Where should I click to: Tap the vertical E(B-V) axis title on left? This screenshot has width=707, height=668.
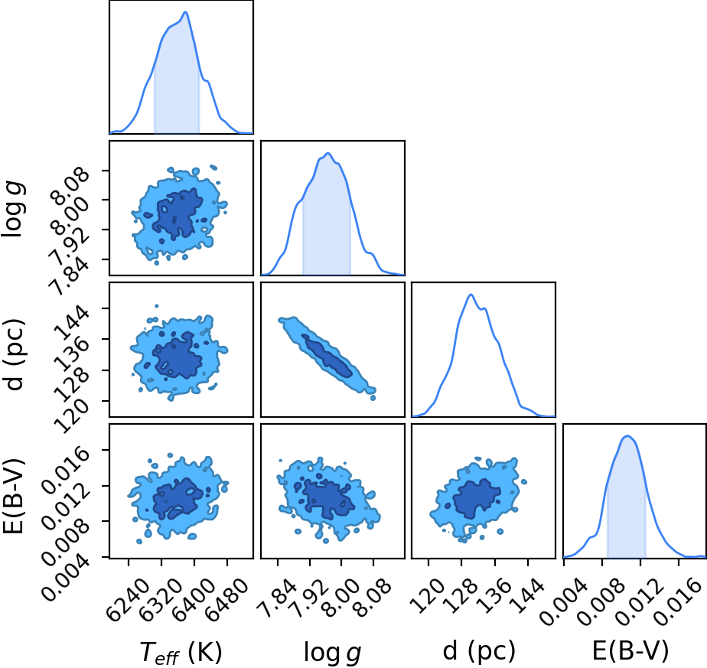click(x=12, y=496)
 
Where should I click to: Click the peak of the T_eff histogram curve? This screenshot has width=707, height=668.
click(x=185, y=11)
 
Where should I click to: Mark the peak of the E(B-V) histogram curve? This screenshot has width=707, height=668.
click(x=627, y=435)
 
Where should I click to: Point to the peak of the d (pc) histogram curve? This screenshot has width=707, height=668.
click(x=471, y=295)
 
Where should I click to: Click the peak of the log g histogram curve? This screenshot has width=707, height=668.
click(x=328, y=153)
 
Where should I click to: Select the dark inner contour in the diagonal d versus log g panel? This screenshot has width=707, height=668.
click(x=327, y=355)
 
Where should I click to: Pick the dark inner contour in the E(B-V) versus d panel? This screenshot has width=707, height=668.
click(x=476, y=498)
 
